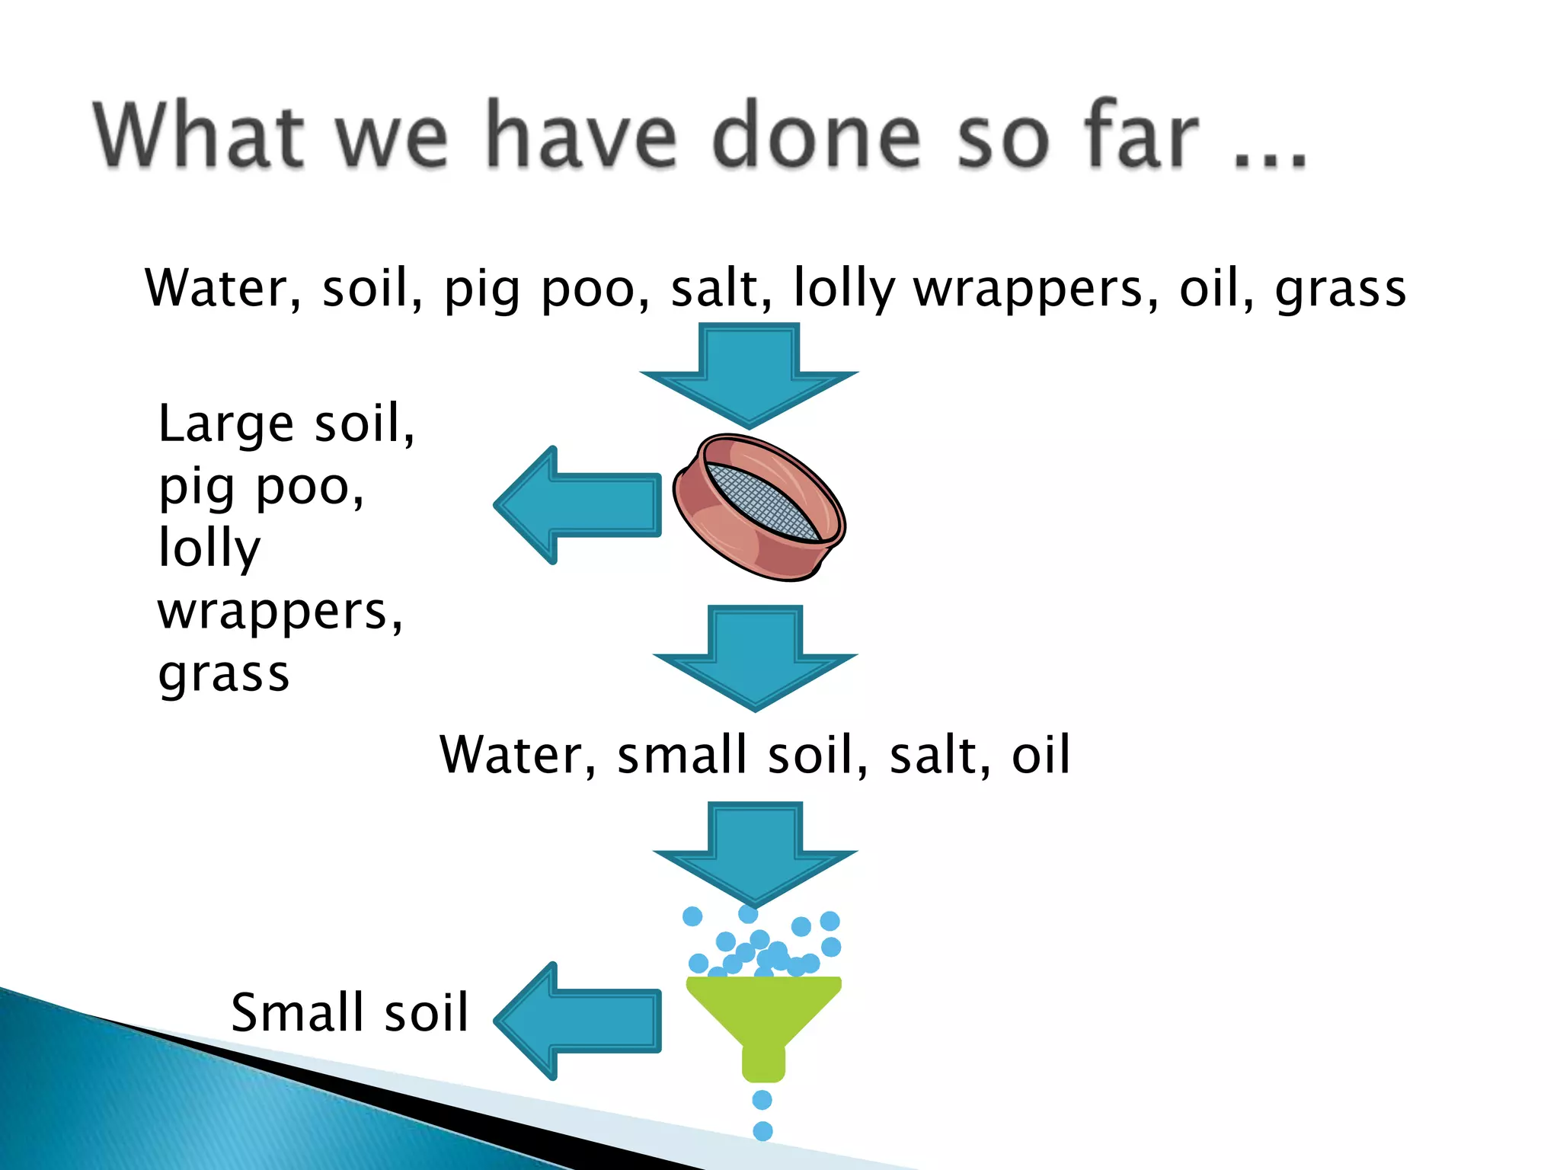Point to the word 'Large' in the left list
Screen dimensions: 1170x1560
coord(225,424)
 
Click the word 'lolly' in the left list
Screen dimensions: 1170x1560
coord(209,548)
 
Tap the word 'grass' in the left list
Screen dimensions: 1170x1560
coord(224,675)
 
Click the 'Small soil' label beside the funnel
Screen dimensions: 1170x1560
coord(350,1012)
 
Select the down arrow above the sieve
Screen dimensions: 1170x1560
coord(749,373)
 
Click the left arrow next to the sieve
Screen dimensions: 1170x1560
coord(579,505)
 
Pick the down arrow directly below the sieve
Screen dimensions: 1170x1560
coord(755,657)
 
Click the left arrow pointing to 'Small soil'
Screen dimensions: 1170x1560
coord(579,1021)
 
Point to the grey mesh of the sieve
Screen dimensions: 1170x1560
coord(762,501)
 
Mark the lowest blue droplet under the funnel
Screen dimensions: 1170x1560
coord(762,1131)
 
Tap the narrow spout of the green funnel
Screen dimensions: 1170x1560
coord(763,1063)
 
